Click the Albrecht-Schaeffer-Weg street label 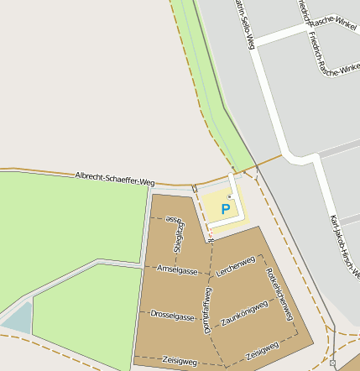tap(115, 178)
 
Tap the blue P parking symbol tap(225, 208)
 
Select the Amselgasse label tap(177, 269)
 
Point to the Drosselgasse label tap(172, 316)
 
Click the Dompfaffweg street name tap(207, 310)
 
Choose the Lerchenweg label tap(235, 267)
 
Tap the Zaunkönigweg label tap(244, 314)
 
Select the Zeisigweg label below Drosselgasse tap(180, 361)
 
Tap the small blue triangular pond tap(17, 319)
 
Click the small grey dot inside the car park tap(229, 196)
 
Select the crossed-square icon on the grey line tap(333, 363)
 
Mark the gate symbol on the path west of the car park tap(194, 188)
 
